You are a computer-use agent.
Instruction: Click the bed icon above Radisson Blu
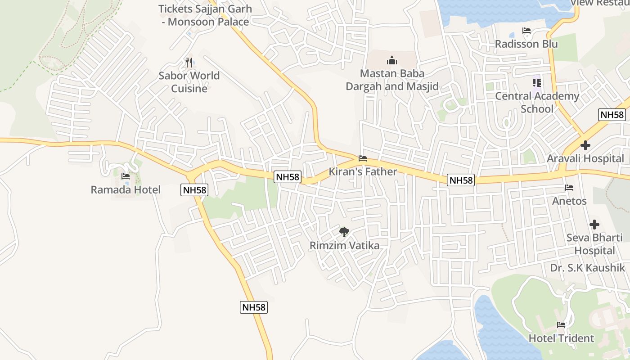pos(526,31)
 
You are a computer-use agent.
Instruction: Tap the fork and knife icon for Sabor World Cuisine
pos(189,62)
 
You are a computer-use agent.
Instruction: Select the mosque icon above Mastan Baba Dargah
pos(391,60)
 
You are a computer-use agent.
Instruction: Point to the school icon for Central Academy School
pos(536,83)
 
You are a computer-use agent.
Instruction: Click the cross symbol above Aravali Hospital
pos(585,145)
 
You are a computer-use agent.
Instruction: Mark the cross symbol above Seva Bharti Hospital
pos(594,224)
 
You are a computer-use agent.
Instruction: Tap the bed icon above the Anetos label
pos(569,188)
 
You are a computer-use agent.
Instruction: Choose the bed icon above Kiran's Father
pos(362,158)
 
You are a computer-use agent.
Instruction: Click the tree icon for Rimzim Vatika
pos(344,232)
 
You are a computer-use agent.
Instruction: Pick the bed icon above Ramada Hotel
pos(126,176)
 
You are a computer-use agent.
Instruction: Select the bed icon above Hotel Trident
pos(561,325)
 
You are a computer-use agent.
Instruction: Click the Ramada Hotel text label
pos(126,189)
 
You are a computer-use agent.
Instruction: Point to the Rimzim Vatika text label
pos(344,246)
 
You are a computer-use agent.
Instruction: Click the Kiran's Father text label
pos(363,171)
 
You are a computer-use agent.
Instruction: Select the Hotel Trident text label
pos(561,338)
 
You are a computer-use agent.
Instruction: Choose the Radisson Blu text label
pos(526,44)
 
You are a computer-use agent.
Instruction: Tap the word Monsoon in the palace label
pos(189,22)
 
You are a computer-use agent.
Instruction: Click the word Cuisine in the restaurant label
pos(189,88)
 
